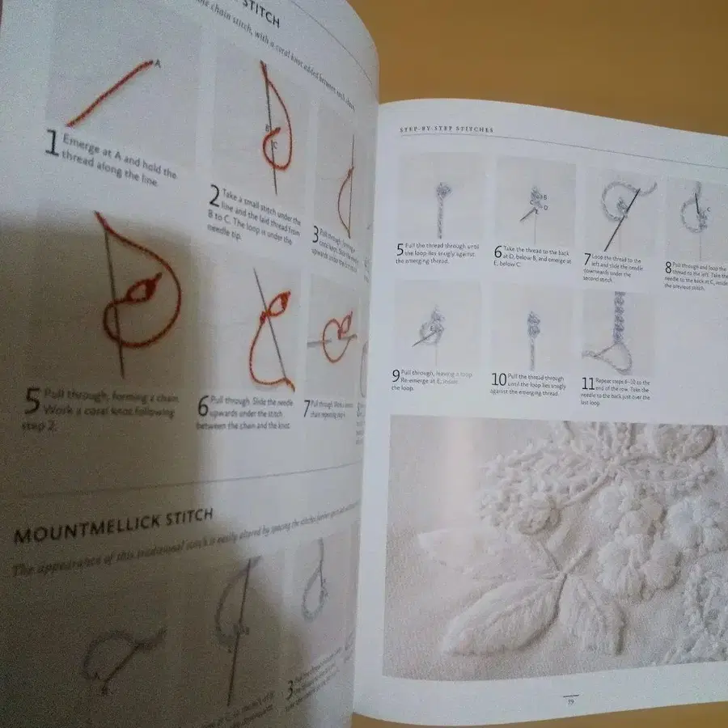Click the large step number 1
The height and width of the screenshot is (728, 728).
52,144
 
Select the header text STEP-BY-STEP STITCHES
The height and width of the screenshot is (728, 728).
447,129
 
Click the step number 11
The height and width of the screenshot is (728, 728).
589,383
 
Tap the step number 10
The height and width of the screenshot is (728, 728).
499,379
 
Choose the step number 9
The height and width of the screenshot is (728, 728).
396,375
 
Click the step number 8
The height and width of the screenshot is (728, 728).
668,267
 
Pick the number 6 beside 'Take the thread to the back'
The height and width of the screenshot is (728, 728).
498,252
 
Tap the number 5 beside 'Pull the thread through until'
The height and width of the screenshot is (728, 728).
400,248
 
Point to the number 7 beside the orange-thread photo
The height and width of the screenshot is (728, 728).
307,409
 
